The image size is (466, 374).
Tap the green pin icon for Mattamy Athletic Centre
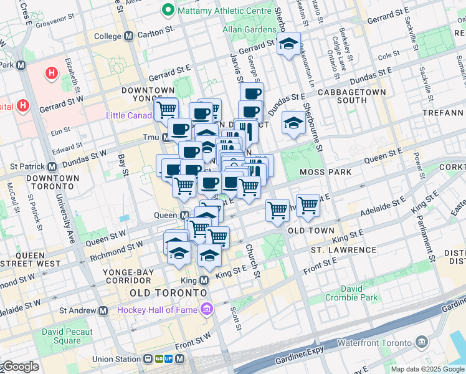click(x=168, y=10)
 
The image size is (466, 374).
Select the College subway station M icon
click(x=129, y=36)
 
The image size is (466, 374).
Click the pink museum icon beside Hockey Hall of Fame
click(x=206, y=309)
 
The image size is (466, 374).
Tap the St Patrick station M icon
click(x=52, y=167)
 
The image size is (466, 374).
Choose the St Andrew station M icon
click(x=103, y=310)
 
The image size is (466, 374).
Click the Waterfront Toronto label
click(x=374, y=343)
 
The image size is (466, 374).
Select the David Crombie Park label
click(x=351, y=293)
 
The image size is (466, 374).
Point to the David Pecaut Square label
click(x=67, y=336)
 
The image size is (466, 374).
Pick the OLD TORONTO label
click(x=168, y=292)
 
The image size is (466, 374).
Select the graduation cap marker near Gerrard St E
click(x=288, y=44)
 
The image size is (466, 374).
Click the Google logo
click(x=21, y=367)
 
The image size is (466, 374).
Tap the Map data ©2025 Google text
click(x=427, y=369)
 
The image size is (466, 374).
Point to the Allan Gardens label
click(x=249, y=29)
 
